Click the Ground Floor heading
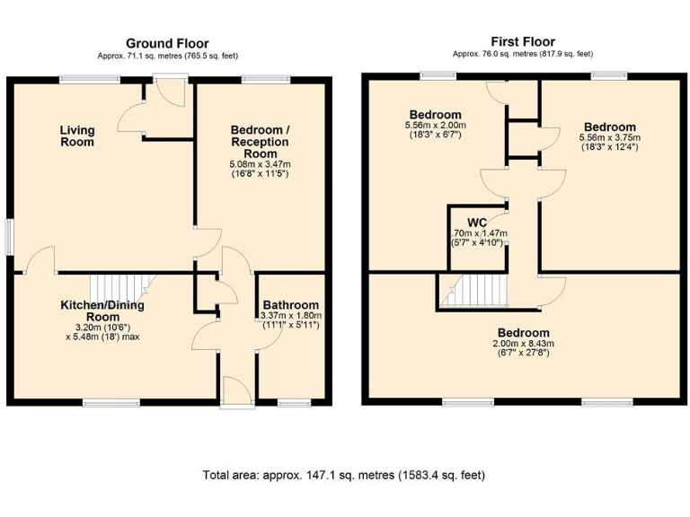pos(167,43)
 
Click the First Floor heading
pos(523,41)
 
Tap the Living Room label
pos(77,136)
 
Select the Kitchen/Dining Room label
pos(102,311)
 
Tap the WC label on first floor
pos(477,222)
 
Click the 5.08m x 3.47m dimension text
pos(261,164)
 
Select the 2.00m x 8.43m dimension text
pos(523,344)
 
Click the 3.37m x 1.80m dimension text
pos(290,316)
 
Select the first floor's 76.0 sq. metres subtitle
pos(523,54)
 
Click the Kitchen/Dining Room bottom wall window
pos(111,401)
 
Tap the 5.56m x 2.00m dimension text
pos(436,127)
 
